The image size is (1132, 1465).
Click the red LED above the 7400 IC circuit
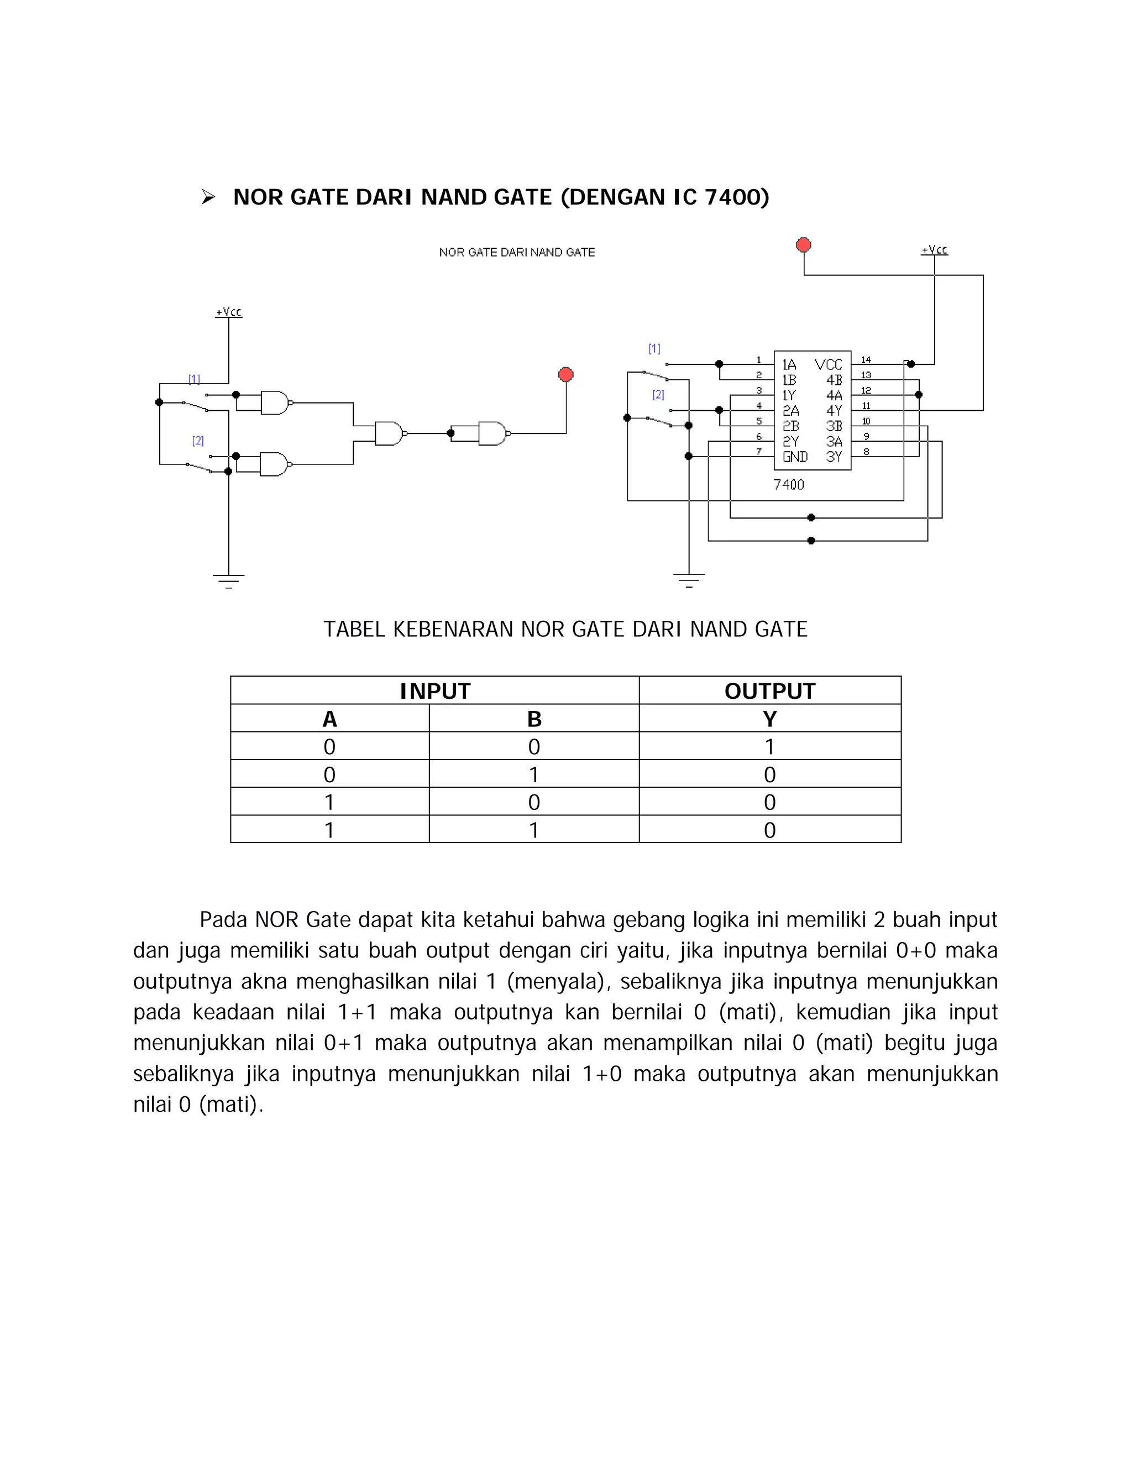pyautogui.click(x=803, y=245)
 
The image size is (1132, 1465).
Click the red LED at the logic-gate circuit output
pyautogui.click(x=566, y=374)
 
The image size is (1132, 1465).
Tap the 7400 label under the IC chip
pyautogui.click(x=789, y=484)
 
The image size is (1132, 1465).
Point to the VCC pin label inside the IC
pyautogui.click(x=828, y=365)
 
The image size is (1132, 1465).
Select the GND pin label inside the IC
pyautogui.click(x=795, y=457)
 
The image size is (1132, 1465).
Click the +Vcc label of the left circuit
pyautogui.click(x=229, y=312)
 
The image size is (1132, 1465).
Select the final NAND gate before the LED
pyautogui.click(x=493, y=433)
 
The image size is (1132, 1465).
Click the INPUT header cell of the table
pyautogui.click(x=434, y=691)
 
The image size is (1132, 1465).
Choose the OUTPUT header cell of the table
pyautogui.click(x=770, y=691)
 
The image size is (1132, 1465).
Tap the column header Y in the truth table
pyautogui.click(x=770, y=719)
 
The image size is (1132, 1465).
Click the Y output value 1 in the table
pyautogui.click(x=770, y=746)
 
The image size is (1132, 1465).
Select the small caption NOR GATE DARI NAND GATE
pyautogui.click(x=517, y=252)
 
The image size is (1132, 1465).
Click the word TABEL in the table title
pyautogui.click(x=353, y=629)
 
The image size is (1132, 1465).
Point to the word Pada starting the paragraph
pyautogui.click(x=224, y=920)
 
